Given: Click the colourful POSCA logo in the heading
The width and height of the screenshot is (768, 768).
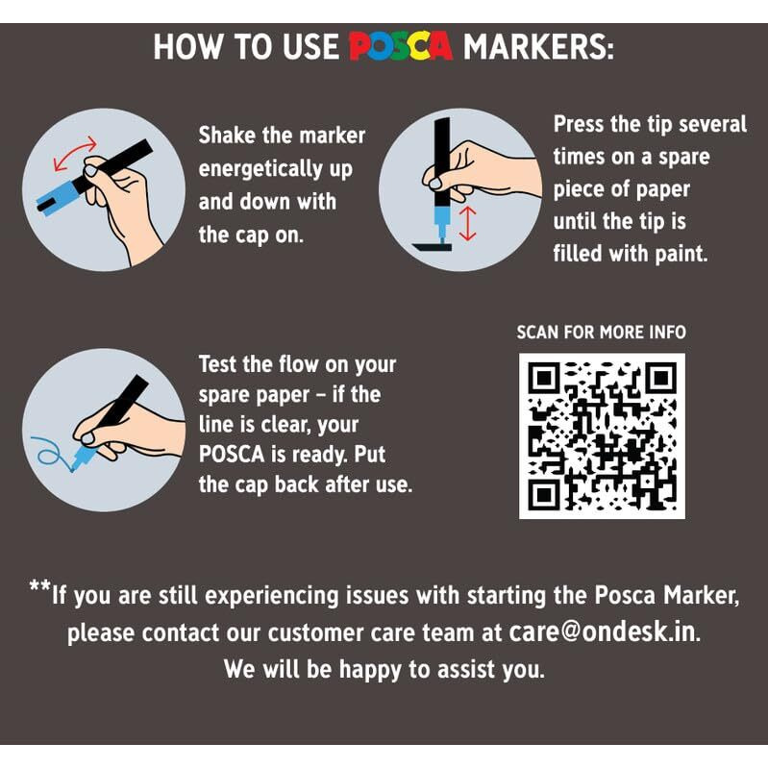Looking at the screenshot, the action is tap(401, 46).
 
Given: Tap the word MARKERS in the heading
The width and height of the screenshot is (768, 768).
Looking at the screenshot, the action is tap(538, 47).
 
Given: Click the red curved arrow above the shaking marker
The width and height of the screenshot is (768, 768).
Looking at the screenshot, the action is tap(75, 153).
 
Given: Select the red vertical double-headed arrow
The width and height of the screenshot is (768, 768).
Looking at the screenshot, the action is tap(468, 223).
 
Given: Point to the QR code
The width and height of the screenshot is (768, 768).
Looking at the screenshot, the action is tap(602, 436).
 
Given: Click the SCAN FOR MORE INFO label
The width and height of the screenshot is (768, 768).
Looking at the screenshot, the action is tap(601, 333).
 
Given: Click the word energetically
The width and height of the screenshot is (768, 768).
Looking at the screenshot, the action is tap(260, 169).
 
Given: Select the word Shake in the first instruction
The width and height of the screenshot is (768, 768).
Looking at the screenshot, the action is tap(227, 136).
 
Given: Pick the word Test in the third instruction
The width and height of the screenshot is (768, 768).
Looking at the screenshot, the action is tap(217, 364).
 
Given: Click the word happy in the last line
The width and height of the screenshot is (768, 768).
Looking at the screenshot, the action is tap(370, 670).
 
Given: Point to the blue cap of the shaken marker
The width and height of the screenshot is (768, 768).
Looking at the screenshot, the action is tap(57, 197).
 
